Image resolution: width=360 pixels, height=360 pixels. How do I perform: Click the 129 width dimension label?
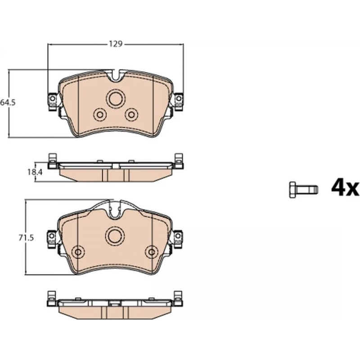pos(116,44)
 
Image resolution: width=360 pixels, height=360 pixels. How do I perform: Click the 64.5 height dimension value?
pos(8,103)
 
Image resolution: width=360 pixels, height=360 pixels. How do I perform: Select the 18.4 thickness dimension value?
pos(35,172)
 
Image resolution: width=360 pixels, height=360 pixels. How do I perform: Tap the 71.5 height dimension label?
pos(26,238)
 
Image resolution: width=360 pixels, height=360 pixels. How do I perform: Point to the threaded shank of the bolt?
pos(307,189)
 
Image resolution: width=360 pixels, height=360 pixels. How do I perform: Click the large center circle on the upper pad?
pos(116,99)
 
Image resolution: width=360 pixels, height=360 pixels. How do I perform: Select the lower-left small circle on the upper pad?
pos(99,114)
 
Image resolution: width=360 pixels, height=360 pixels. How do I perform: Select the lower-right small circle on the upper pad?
pos(131,114)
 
